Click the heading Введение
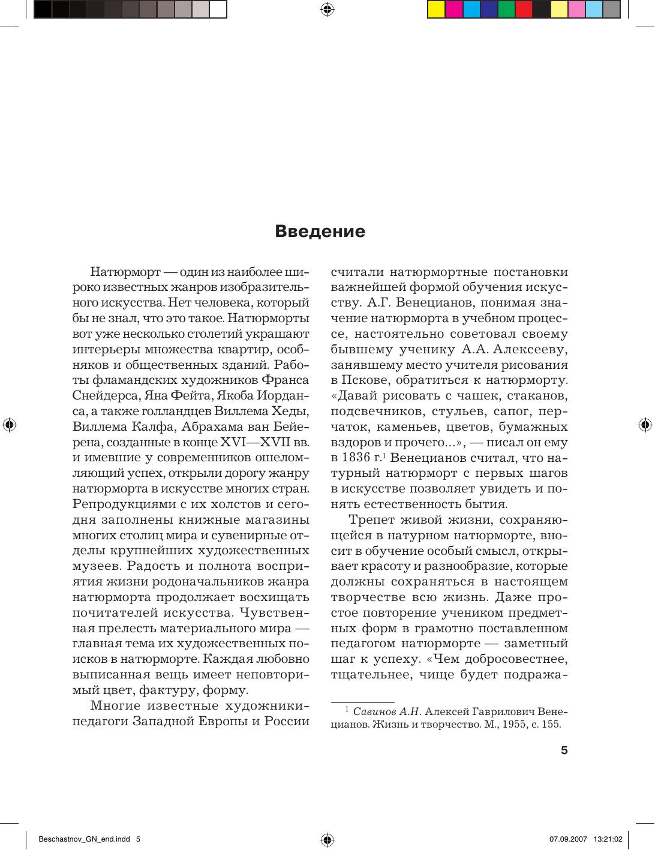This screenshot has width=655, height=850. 320,232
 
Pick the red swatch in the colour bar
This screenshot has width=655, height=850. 524,10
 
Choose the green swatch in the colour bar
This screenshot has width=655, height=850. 506,10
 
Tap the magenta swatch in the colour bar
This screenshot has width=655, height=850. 454,10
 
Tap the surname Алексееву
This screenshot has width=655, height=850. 523,349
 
